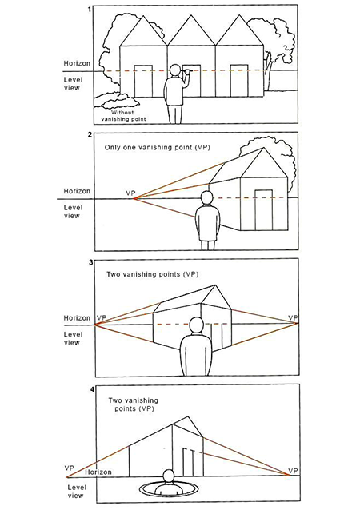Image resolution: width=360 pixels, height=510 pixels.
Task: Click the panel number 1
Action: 90,10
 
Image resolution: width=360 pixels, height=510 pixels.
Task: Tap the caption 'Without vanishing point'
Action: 123,115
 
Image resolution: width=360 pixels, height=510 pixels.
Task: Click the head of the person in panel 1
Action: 176,70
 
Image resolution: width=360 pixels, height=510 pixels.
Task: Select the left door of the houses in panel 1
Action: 143,81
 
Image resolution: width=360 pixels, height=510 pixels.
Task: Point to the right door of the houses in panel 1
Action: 239,81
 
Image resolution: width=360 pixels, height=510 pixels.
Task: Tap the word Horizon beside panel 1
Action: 77,63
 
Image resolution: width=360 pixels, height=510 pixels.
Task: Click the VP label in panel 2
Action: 130,193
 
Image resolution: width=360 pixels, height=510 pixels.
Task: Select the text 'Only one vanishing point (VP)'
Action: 158,147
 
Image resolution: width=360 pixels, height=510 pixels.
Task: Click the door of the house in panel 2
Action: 264,209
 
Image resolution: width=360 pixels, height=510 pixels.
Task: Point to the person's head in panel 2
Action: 206,198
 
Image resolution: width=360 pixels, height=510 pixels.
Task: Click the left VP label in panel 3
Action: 102,317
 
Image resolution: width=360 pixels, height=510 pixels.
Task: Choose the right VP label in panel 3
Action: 294,317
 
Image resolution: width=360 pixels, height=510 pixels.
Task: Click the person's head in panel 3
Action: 196,325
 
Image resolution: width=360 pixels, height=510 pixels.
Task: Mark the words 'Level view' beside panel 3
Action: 72,338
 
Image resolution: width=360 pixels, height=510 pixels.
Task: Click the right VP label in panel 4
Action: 294,471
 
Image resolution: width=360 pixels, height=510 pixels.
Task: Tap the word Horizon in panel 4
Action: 98,472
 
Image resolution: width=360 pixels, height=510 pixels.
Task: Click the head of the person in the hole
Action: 168,476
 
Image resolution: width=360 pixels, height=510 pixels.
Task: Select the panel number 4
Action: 92,389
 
